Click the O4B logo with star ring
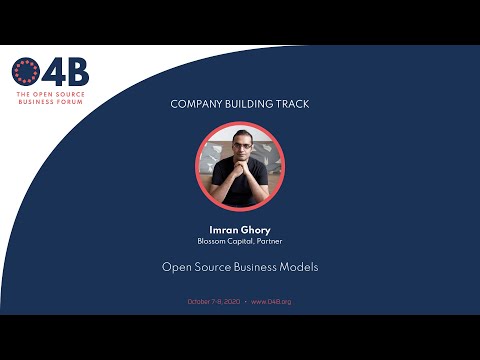coord(27,73)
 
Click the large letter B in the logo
coord(76,73)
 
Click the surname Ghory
coord(256,230)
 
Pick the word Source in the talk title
coord(212,268)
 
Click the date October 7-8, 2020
coord(212,302)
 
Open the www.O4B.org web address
coord(271,302)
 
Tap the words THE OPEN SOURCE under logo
coord(50,96)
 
